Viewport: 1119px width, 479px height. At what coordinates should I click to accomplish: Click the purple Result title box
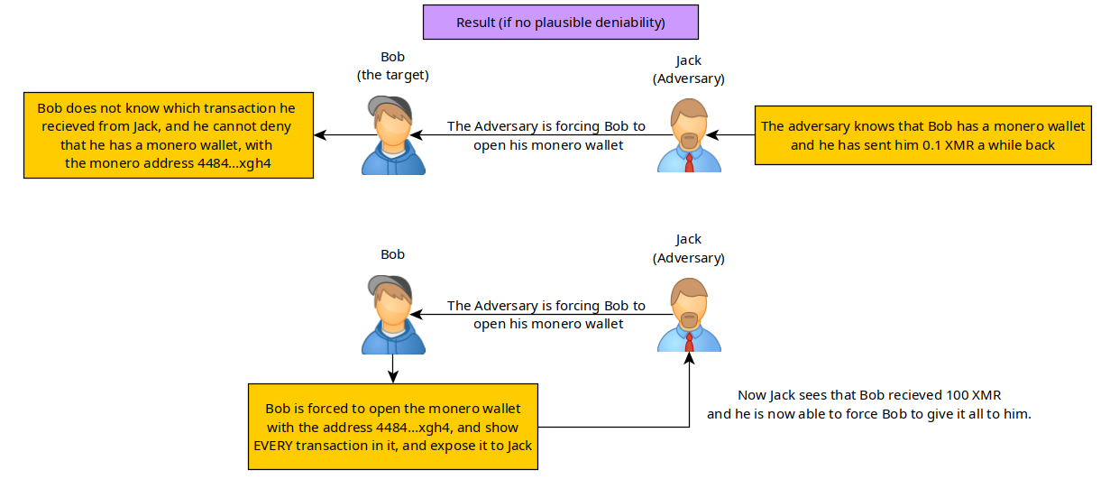(x=560, y=23)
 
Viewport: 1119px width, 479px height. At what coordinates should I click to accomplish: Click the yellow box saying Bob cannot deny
(x=168, y=135)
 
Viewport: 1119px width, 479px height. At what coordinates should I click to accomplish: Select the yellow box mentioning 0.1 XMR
(x=922, y=135)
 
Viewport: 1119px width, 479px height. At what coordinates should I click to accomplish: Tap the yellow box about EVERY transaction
(x=393, y=426)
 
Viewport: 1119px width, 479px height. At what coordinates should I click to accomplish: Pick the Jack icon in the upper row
(x=689, y=135)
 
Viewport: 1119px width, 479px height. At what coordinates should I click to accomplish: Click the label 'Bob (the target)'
(x=392, y=66)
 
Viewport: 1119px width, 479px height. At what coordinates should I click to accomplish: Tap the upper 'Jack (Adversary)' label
(x=688, y=69)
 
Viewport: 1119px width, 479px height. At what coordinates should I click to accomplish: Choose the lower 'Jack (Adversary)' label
(x=688, y=248)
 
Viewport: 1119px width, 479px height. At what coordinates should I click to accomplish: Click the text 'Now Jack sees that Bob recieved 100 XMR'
(x=869, y=396)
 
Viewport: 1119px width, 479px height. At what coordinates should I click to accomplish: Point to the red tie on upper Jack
(x=689, y=161)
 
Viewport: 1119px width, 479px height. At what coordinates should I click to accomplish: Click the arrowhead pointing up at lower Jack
(x=689, y=358)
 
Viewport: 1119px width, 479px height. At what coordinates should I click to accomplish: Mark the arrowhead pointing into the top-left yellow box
(x=319, y=135)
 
